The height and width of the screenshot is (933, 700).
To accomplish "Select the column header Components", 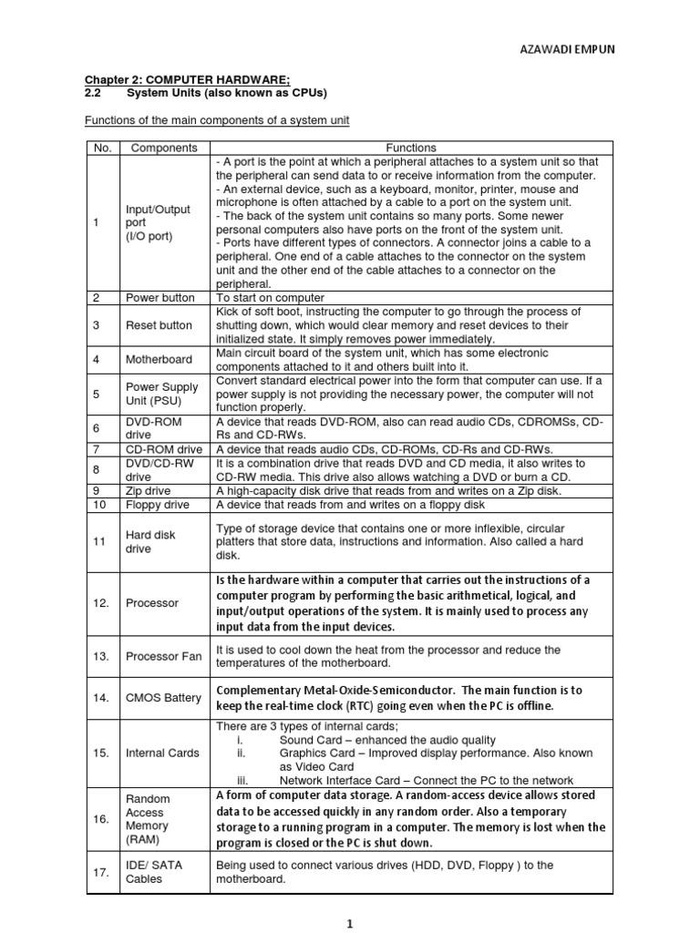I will coord(164,148).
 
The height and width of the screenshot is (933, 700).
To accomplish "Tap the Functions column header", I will coord(411,148).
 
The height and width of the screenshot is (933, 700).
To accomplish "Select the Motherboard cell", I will coord(160,360).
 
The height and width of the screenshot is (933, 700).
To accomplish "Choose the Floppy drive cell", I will coord(158,505).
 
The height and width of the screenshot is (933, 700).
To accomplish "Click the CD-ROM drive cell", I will coord(164,449).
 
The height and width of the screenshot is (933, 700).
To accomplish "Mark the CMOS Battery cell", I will coord(163,698).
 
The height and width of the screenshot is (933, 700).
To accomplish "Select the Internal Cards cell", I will coord(163,753).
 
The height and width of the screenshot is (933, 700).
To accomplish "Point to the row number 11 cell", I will coord(100,542).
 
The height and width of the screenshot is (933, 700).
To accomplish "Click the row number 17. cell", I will coord(101,873).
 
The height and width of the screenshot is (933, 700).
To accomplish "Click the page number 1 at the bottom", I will coord(350,922).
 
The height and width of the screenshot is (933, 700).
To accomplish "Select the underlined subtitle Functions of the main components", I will coord(217,121).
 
